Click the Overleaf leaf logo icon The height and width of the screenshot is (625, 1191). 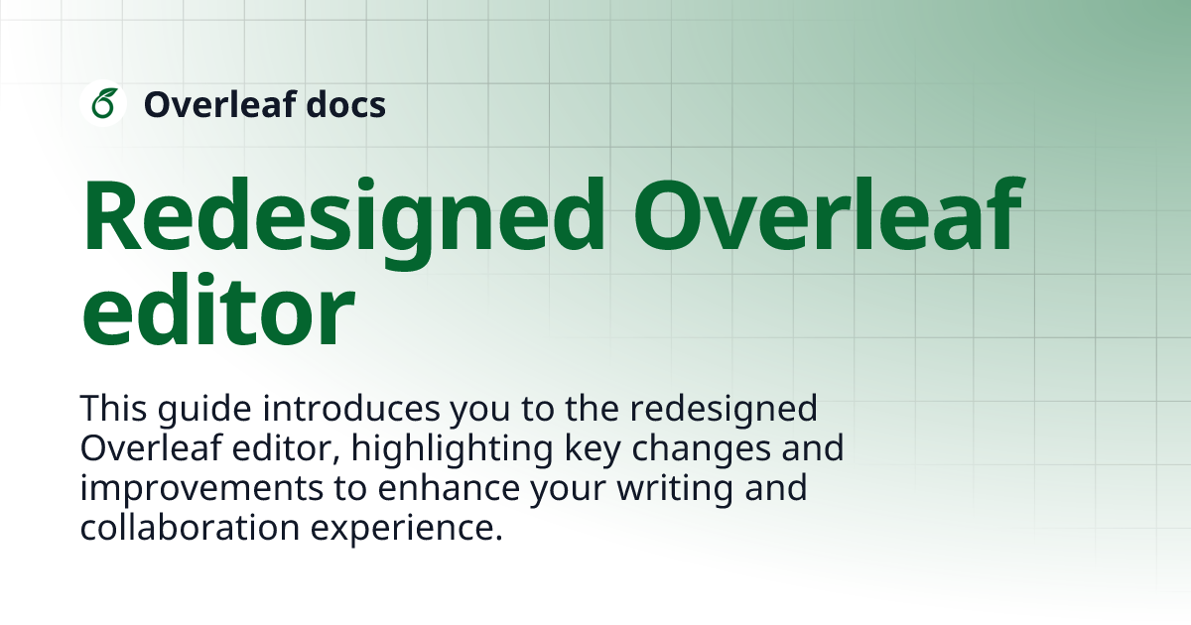click(102, 103)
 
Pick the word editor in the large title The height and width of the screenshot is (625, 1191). click(217, 312)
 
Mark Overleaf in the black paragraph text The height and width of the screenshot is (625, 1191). click(139, 448)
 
